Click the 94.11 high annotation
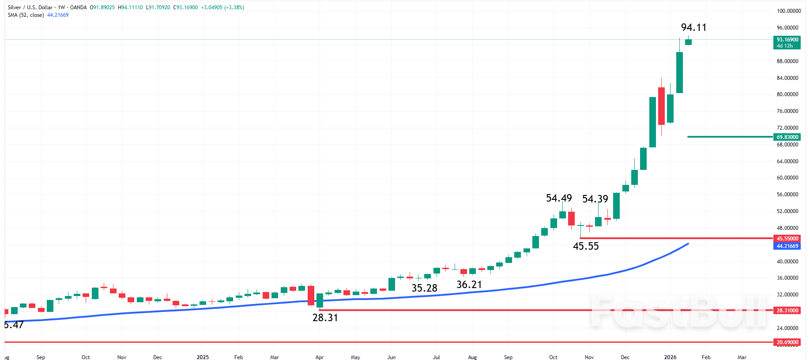tap(693, 27)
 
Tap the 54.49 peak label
tap(559, 198)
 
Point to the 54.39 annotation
tap(595, 199)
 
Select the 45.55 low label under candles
tap(586, 246)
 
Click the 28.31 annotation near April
tap(325, 318)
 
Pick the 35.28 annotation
tap(424, 288)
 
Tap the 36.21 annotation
tap(469, 285)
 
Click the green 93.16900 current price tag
tap(787, 42)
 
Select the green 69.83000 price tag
tap(787, 137)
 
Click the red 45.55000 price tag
tap(787, 239)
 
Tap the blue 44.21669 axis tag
tap(787, 246)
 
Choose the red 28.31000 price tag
tap(787, 311)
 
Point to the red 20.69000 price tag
tap(787, 342)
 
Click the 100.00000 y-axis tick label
tap(788, 11)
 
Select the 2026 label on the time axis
tap(670, 357)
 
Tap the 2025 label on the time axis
tap(203, 357)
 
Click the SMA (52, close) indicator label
tap(26, 15)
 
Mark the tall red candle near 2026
tap(661, 106)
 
